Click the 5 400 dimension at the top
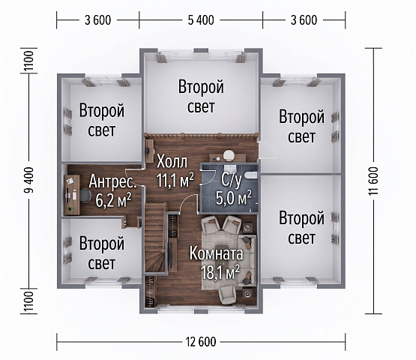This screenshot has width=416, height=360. tap(201, 20)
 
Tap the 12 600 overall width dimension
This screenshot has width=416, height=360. tap(201, 342)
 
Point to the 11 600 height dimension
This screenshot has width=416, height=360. tap(373, 181)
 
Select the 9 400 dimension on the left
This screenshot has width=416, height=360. tap(28, 180)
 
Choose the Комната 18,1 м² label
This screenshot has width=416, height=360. tap(216, 262)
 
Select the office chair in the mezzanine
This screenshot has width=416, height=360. tap(85, 196)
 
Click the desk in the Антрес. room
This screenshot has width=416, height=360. tap(72, 194)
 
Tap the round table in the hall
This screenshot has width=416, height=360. tap(229, 155)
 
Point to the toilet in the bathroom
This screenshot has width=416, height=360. tap(250, 175)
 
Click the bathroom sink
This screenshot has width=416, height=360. tap(230, 168)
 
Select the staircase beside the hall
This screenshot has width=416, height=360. tap(155, 238)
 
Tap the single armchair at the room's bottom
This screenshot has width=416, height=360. tap(227, 295)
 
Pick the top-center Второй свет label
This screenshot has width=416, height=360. tap(201, 96)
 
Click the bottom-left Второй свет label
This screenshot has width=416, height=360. tap(102, 253)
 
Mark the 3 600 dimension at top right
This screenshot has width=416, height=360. tap(304, 20)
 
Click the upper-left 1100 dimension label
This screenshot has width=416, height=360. tap(28, 61)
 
